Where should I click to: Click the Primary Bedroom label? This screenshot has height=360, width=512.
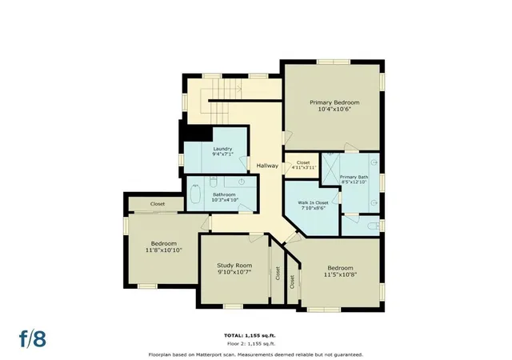coord(334,102)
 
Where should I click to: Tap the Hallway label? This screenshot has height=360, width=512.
coord(267,166)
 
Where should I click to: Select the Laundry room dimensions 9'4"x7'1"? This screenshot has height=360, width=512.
coord(222,154)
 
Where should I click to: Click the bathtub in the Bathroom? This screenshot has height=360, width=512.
coord(195,194)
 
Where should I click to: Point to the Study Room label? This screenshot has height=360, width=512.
coord(234,266)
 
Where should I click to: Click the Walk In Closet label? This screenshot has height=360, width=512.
coord(313,202)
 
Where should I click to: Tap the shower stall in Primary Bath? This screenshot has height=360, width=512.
coord(330,170)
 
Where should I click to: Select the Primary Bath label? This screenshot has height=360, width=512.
coord(354,177)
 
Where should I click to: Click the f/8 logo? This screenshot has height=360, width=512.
coord(33,338)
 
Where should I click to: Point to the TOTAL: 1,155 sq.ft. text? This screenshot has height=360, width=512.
coord(250,335)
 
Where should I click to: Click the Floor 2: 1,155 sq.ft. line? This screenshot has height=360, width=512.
coord(251,344)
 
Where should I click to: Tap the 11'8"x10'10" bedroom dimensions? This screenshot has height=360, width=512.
coord(163,250)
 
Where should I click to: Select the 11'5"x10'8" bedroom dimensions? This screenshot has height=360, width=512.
coord(340,274)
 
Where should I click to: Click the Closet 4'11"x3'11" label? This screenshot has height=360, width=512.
coord(303,165)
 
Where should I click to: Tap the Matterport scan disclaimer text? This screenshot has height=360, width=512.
coord(256,354)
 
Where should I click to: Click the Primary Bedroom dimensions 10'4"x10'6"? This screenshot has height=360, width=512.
coord(334,109)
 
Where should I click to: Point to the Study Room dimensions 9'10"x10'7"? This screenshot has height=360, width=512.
coord(234,272)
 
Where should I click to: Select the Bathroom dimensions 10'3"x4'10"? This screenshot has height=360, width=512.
coord(225,200)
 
